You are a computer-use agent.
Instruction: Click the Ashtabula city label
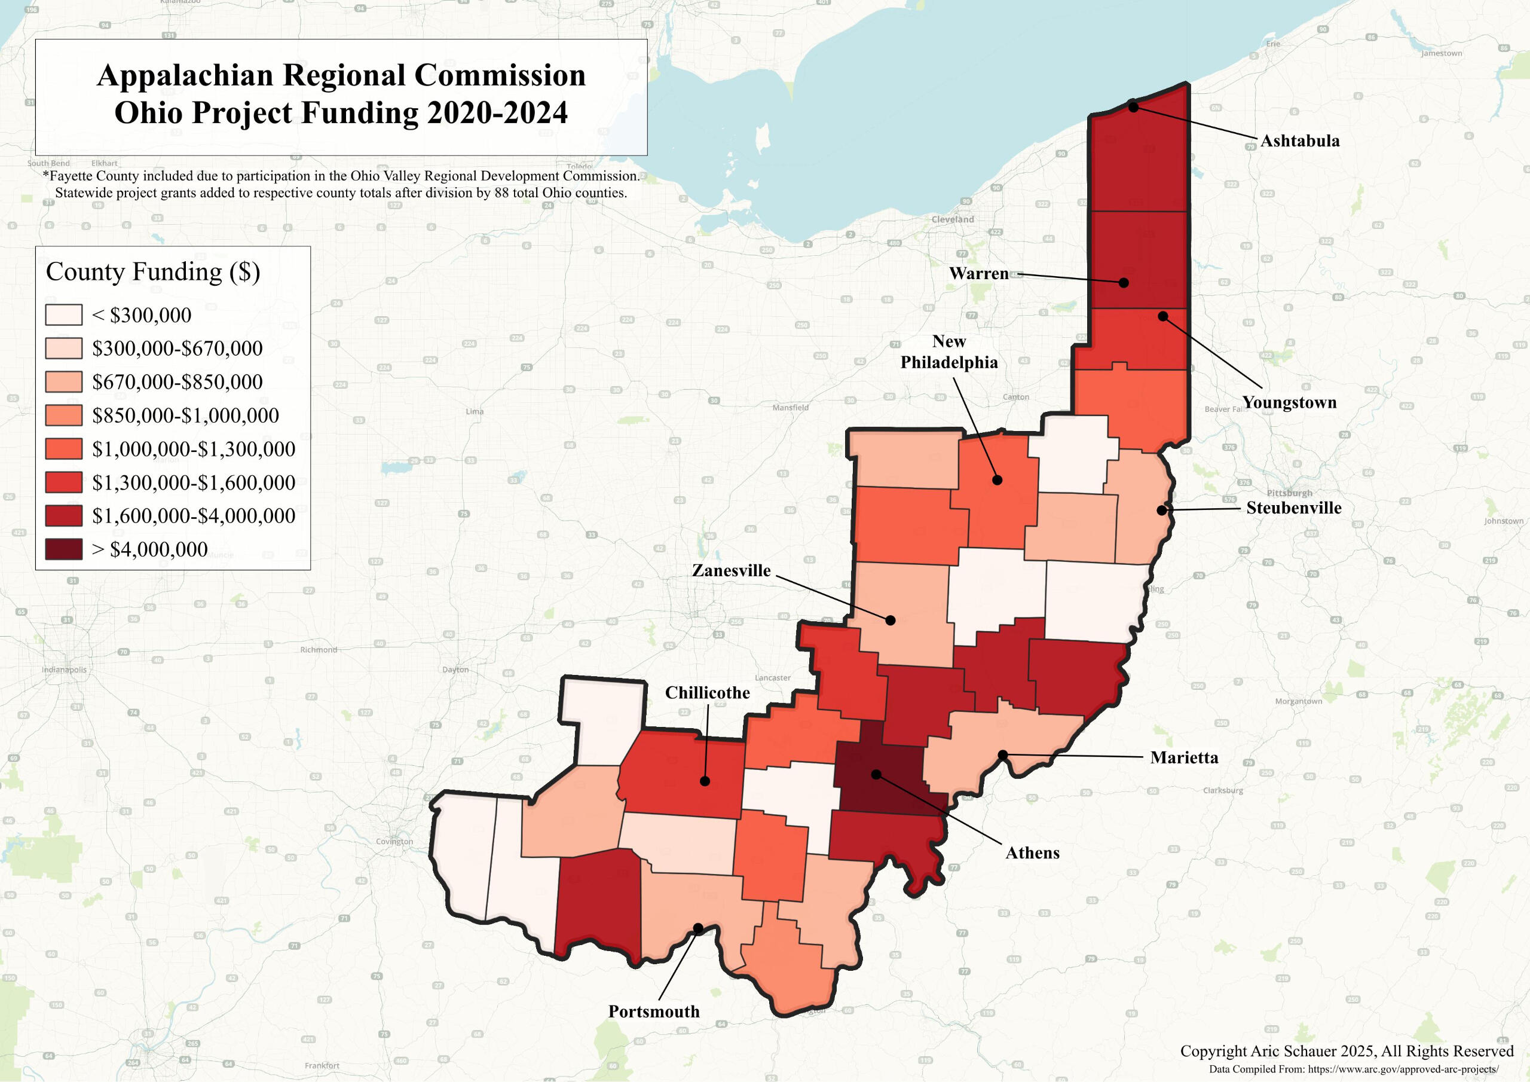(x=1299, y=140)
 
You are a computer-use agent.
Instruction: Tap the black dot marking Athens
(x=876, y=774)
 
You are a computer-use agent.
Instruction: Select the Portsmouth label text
(x=654, y=1011)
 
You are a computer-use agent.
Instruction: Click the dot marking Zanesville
(x=891, y=620)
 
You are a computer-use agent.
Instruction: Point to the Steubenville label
(x=1293, y=508)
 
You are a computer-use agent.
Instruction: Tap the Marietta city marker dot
(x=1002, y=754)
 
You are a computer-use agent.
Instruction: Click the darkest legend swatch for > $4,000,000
(x=63, y=549)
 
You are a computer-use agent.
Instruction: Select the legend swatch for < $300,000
(x=63, y=314)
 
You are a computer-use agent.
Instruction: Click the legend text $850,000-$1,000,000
(x=185, y=415)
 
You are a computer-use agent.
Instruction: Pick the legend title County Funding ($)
(x=152, y=272)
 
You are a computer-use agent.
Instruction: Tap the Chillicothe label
(x=707, y=693)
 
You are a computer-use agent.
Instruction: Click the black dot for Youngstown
(x=1163, y=316)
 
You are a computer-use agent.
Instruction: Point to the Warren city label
(x=978, y=273)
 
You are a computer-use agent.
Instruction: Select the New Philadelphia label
(x=949, y=352)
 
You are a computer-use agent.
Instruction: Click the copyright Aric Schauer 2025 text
(x=1347, y=1052)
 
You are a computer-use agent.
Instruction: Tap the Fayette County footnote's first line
(x=341, y=176)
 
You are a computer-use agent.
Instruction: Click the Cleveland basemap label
(x=952, y=219)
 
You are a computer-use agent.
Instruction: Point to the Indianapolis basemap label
(x=64, y=670)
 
